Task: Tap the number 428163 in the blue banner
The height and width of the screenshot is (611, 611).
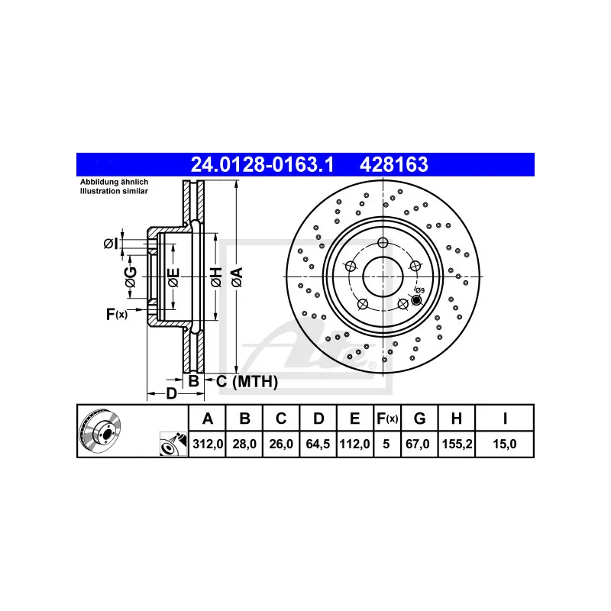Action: pos(393,163)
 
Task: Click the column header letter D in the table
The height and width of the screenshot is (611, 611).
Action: pos(318,418)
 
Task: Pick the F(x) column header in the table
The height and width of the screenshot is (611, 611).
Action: pos(387,418)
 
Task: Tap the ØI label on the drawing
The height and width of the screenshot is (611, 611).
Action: pos(111,244)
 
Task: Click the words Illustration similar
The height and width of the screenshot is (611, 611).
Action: pos(115,190)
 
